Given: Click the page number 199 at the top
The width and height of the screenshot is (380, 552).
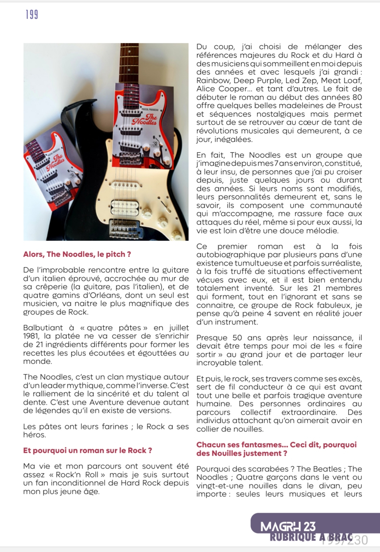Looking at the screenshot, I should click(x=32, y=15).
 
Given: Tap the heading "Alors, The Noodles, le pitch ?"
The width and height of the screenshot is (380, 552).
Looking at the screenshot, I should click(x=77, y=254).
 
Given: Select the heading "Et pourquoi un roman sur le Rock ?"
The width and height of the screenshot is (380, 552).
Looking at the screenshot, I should click(x=87, y=450).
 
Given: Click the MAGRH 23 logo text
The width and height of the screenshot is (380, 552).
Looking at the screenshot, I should click(x=288, y=527).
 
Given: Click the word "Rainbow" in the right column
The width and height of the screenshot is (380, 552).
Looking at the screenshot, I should click(x=213, y=81).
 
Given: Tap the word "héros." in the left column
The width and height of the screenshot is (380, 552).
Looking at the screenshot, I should click(x=35, y=435).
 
